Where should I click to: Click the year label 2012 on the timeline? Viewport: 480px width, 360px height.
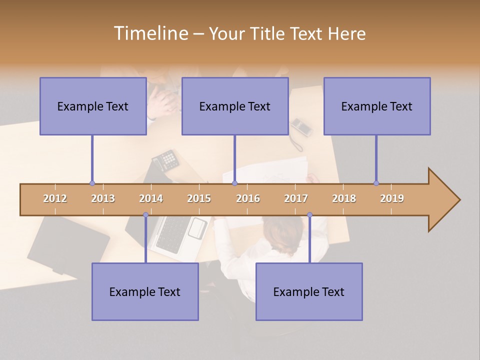coord(55,198)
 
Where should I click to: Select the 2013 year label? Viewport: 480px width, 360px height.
coord(103,198)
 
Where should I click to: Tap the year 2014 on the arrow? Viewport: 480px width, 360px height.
coord(151,198)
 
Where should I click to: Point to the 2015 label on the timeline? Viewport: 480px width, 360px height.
coord(199,198)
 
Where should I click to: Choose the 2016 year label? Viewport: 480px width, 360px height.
coord(248,198)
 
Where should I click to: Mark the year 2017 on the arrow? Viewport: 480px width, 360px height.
coord(296,198)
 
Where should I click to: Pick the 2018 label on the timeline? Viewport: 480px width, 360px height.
coord(344,198)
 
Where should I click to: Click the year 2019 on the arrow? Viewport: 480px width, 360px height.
coord(392,198)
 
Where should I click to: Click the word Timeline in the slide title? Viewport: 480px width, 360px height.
coord(150,33)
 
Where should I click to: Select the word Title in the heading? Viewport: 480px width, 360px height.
coord(268,33)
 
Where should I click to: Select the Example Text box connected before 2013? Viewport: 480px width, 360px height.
coord(93,106)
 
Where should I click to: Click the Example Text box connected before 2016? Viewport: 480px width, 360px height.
coord(235,106)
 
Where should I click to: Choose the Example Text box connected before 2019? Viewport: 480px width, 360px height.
coord(377,106)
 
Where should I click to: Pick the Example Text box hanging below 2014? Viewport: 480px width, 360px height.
coord(145,291)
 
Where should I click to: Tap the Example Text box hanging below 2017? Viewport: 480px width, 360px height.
coord(309,291)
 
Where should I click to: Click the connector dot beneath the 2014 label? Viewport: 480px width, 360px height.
coord(145,215)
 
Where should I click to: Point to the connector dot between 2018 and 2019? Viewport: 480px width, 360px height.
coord(376,183)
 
